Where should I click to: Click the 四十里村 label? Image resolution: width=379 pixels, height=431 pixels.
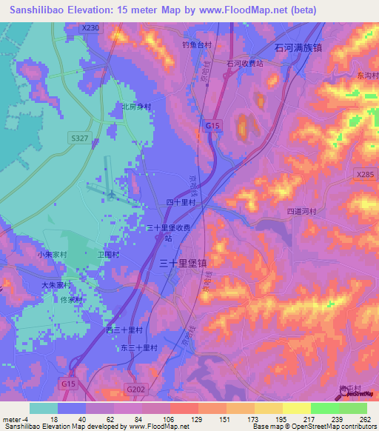[x=180, y=201]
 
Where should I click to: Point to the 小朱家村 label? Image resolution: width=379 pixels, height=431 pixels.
[x=52, y=254]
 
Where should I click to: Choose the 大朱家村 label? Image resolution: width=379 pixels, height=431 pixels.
[x=55, y=284]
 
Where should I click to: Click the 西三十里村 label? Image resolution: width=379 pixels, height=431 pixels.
[x=124, y=330]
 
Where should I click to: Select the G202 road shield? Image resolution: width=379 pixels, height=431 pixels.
[x=135, y=389]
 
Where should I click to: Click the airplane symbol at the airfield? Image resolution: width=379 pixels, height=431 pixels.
[x=110, y=194]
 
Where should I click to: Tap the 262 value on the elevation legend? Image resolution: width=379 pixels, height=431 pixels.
[x=363, y=420]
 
